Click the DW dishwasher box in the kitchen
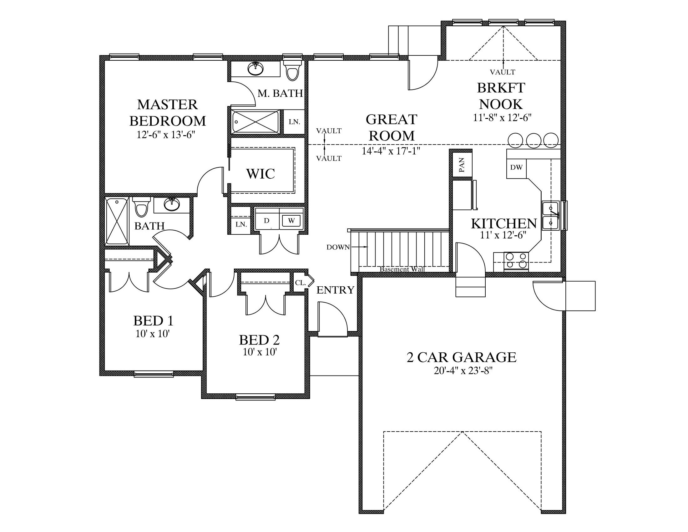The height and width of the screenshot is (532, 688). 517,168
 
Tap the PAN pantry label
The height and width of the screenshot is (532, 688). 462,165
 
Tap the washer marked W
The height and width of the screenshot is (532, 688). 292,221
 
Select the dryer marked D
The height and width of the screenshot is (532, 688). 266,221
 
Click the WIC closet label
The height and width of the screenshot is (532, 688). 261,174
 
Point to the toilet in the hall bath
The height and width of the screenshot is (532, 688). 141,207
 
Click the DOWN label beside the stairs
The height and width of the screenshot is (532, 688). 338,248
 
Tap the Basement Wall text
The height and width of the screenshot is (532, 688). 402,269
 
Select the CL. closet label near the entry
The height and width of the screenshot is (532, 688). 301,283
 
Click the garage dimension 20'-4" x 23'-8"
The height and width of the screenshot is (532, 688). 463,371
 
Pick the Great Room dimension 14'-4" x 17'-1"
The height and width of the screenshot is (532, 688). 391,151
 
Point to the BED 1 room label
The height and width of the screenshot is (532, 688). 154,321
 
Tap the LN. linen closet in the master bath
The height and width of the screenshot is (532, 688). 294,122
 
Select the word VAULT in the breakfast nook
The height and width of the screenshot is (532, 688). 503,72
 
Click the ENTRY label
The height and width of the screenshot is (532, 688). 336,290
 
